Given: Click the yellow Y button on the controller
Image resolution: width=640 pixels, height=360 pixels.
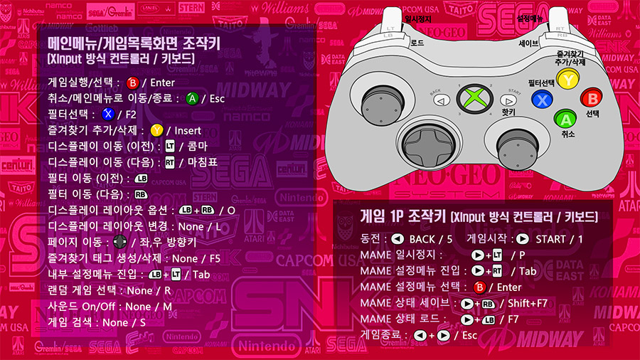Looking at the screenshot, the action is point(566,80).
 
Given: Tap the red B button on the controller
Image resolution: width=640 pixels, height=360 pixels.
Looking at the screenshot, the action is point(590,98).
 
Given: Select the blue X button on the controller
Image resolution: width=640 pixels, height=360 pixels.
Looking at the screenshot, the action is point(542,100).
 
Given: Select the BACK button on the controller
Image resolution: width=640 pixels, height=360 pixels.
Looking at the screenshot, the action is point(441,100).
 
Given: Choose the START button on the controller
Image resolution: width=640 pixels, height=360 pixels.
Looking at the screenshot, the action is point(508,100).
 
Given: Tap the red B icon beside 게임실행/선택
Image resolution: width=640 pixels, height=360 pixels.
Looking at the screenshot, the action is point(132,83).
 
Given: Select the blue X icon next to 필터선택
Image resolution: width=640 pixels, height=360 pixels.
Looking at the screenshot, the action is point(107,115).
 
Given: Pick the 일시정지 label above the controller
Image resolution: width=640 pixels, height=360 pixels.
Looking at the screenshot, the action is point(417,19).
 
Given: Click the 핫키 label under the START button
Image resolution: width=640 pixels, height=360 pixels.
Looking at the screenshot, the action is point(508,112).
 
